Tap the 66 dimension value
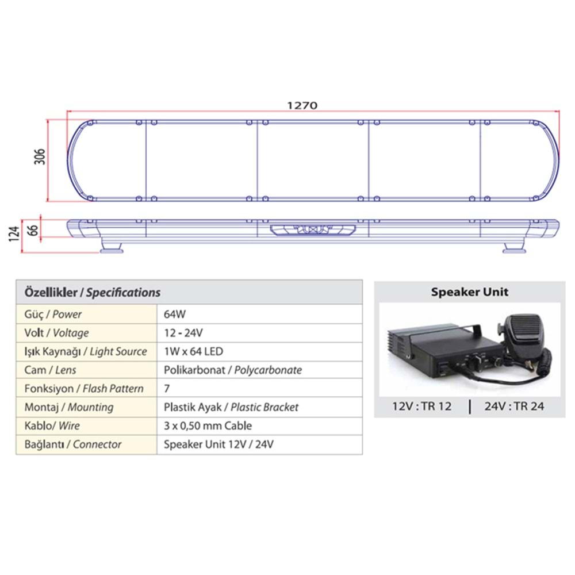click(34, 228)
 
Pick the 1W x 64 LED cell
click(193, 351)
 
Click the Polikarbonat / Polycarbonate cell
click(232, 370)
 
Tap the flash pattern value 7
click(167, 389)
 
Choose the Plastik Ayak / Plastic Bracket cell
click(231, 407)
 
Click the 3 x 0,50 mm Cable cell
click(208, 426)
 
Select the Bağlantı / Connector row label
click(73, 444)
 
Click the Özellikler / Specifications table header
click(92, 292)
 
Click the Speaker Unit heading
click(470, 292)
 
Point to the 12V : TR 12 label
click(421, 407)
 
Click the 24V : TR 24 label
click(514, 407)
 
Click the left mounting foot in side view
click(113, 248)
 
